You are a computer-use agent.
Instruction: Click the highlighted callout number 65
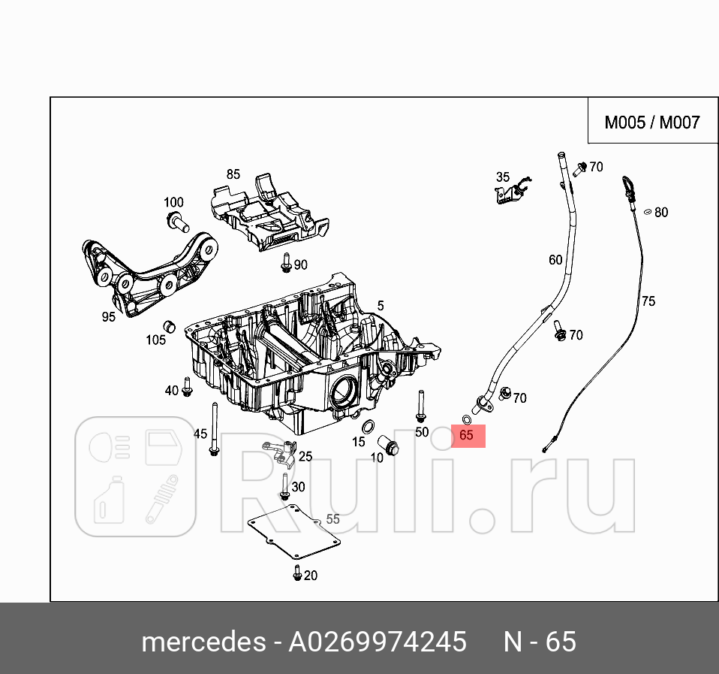pos(467,435)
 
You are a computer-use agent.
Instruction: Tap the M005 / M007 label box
pos(651,122)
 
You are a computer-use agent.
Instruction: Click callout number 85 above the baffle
pos(233,174)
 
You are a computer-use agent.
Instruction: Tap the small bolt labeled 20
pos(297,575)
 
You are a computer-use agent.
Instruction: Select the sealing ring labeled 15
pos(370,428)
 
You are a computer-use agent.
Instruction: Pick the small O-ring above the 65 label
pos(466,419)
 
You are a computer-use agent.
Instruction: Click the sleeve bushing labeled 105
pos(170,326)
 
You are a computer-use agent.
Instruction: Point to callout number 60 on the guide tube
pos(555,260)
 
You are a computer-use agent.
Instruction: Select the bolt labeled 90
pos(286,264)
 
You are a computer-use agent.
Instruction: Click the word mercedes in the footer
pos(203,642)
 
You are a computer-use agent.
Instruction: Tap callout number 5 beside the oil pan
pos(381,306)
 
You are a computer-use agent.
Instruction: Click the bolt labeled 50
pos(421,407)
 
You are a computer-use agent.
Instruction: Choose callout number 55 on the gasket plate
pos(332,518)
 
